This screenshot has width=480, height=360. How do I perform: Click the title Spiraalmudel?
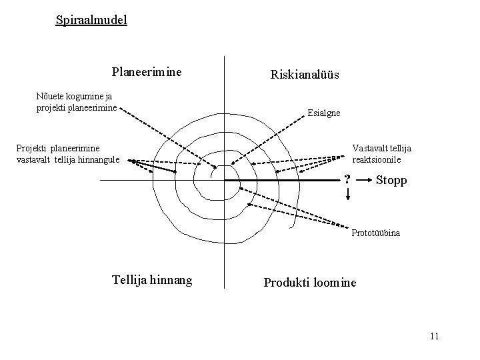(91, 20)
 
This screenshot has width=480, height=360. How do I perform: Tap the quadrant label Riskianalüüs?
(305, 75)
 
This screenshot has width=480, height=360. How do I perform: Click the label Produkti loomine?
(310, 283)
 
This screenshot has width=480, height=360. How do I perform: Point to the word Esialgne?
(324, 113)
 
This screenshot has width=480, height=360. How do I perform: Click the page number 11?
(434, 335)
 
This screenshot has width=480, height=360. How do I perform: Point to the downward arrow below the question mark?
(347, 194)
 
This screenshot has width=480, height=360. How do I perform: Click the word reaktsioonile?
(377, 160)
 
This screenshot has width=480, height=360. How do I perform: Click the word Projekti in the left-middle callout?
(33, 148)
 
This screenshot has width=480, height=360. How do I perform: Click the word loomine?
(335, 283)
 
